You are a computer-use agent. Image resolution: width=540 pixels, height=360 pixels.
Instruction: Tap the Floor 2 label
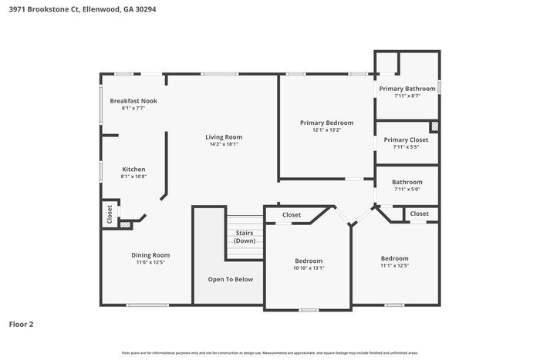(22, 324)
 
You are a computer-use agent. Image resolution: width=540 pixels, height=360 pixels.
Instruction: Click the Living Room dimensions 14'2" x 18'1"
(224, 144)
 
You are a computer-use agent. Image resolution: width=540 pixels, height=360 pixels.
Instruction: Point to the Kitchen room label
(133, 170)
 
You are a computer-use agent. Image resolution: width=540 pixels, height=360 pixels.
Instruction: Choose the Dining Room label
(150, 255)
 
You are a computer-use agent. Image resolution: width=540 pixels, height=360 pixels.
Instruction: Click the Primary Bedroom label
(326, 123)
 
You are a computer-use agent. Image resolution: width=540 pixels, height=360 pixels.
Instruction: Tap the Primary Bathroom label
(407, 89)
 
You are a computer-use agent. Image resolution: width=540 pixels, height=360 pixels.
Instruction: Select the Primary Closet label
(406, 140)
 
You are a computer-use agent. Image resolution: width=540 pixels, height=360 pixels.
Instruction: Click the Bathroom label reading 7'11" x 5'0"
(407, 189)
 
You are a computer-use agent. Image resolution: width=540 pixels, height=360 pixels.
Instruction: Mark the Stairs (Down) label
(245, 236)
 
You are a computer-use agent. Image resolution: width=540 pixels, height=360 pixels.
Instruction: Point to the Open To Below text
(230, 279)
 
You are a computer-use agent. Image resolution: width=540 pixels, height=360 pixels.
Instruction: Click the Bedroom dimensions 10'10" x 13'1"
(309, 268)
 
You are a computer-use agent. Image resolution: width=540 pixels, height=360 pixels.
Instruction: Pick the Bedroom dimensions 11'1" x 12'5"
(394, 266)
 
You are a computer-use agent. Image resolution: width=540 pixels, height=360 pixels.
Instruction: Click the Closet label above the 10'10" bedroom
(292, 215)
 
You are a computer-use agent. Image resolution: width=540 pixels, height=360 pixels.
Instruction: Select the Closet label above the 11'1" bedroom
(419, 214)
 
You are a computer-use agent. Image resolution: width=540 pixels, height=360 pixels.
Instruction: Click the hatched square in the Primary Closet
(434, 126)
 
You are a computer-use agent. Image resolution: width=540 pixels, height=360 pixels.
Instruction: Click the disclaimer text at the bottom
(270, 352)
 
